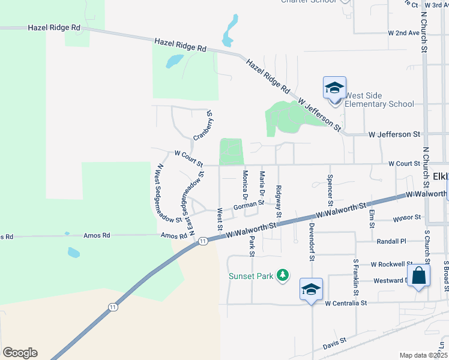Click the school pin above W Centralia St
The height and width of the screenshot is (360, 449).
pyautogui.click(x=312, y=290)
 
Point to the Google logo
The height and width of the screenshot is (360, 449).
pyautogui.click(x=20, y=353)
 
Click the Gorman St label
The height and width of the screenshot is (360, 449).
pyautogui.click(x=249, y=205)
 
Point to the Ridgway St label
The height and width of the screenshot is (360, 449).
pyautogui.click(x=279, y=202)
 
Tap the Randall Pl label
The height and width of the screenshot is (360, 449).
pyautogui.click(x=391, y=241)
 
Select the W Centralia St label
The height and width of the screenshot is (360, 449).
pyautogui.click(x=346, y=304)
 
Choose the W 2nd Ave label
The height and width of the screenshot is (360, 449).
pyautogui.click(x=403, y=33)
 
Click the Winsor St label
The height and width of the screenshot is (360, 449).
pyautogui.click(x=406, y=219)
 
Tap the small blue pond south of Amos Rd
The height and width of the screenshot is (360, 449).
pyautogui.click(x=74, y=253)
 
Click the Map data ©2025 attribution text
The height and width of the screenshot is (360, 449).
pyautogui.click(x=423, y=355)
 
